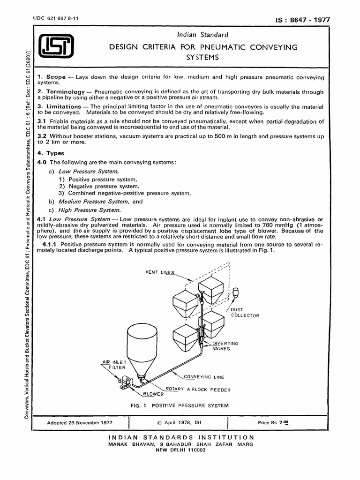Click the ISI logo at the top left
(55, 47)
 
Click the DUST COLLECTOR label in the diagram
(244, 313)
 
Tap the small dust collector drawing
(235, 293)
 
